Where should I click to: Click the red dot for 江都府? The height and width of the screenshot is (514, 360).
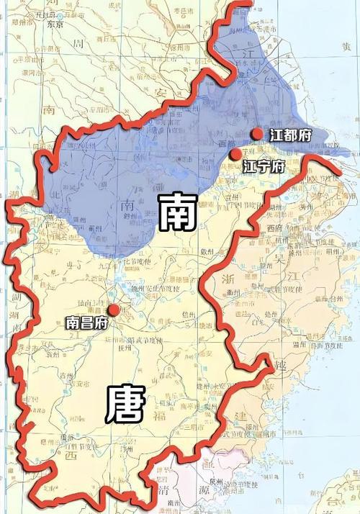pyautogui.click(x=257, y=134)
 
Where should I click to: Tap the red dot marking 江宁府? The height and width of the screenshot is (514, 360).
pyautogui.click(x=234, y=154)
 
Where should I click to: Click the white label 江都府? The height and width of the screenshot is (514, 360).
pyautogui.click(x=291, y=135)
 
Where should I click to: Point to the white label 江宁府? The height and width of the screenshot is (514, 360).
pyautogui.click(x=264, y=167)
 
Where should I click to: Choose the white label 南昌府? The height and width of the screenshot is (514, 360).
pyautogui.click(x=86, y=323)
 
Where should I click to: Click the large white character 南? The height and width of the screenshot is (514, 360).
pyautogui.click(x=176, y=210)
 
